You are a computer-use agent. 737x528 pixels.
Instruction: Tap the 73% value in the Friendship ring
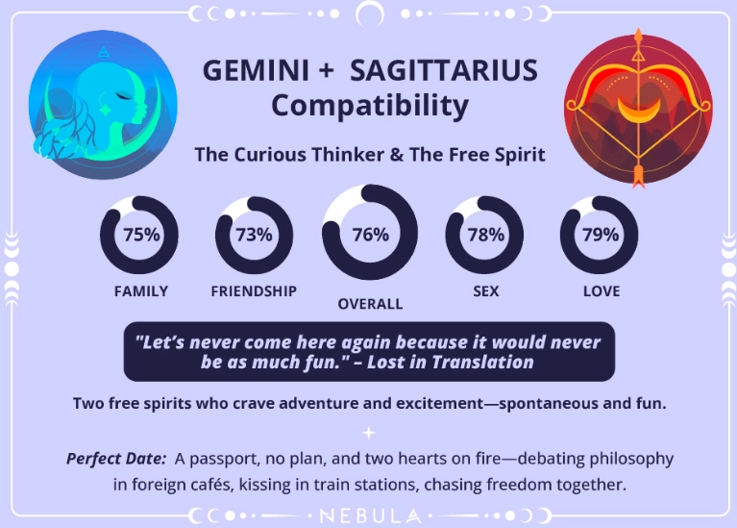(255, 234)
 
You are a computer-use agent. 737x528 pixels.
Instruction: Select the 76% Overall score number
(370, 234)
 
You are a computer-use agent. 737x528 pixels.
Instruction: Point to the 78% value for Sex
(485, 234)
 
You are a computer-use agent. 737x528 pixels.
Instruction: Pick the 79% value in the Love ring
(600, 234)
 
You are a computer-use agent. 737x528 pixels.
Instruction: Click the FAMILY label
(140, 291)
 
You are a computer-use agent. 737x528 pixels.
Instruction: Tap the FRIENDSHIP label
(254, 291)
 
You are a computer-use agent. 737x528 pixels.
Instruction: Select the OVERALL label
(370, 304)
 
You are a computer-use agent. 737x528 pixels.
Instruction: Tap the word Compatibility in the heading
(369, 105)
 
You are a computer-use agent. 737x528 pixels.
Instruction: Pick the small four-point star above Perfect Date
(369, 433)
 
